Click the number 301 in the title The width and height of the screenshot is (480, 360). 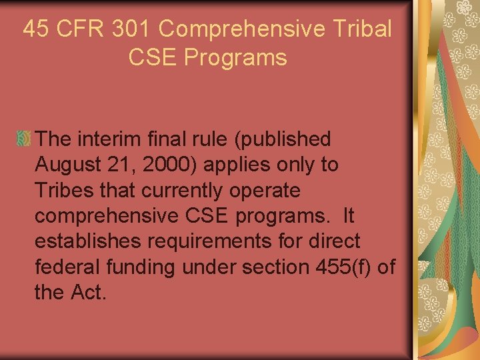click(129, 29)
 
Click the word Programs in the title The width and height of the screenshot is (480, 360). click(235, 57)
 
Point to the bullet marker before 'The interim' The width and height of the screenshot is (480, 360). click(23, 139)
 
